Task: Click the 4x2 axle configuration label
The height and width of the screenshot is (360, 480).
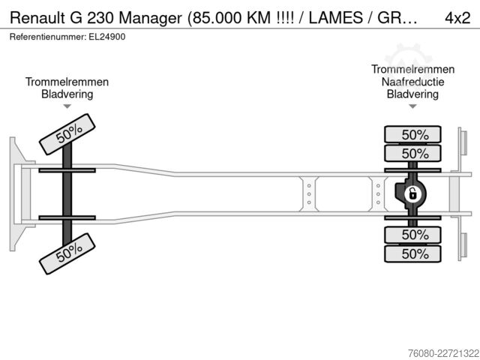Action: [x=457, y=18]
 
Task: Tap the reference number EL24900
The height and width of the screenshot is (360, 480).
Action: [x=106, y=37]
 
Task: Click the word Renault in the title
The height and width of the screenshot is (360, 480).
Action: [x=37, y=18]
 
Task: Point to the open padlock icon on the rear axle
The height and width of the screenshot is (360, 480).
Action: [x=412, y=194]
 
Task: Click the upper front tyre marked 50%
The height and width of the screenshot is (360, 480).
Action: [x=67, y=134]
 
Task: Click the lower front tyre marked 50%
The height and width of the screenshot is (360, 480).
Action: [x=67, y=253]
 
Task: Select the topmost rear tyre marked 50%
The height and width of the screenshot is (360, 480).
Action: [x=412, y=134]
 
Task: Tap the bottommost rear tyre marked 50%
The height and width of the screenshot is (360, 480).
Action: [x=412, y=253]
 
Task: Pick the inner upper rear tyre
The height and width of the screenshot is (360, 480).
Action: [x=412, y=153]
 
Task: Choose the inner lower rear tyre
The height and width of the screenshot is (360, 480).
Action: [x=412, y=235]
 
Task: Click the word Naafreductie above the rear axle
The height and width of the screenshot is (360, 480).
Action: [x=412, y=82]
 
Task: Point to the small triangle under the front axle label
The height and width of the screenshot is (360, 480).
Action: [x=67, y=106]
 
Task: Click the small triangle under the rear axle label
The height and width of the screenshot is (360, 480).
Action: [x=412, y=106]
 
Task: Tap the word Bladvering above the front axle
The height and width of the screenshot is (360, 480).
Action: [x=67, y=94]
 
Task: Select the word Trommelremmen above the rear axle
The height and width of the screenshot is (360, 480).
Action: [x=412, y=69]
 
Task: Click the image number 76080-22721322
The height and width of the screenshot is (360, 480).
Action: [x=443, y=353]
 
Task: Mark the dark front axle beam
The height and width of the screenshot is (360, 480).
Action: [x=67, y=194]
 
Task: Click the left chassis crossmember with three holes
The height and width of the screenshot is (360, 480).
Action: [x=308, y=193]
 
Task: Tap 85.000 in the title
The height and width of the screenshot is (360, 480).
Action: [x=217, y=18]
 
